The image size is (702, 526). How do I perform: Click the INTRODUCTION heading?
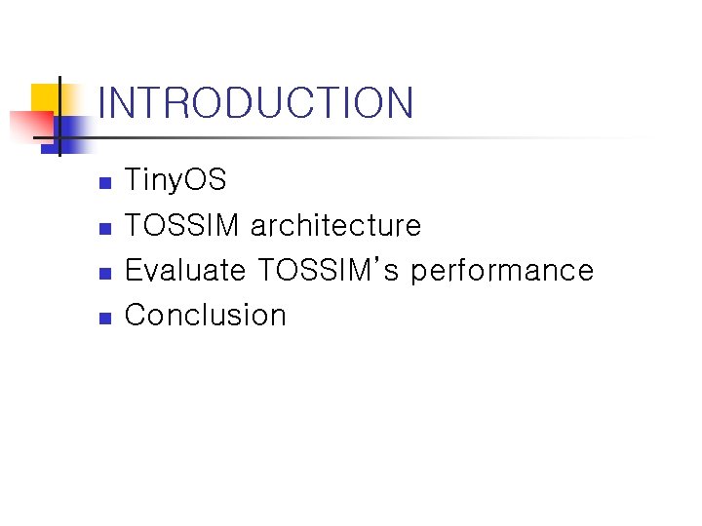pyautogui.click(x=255, y=102)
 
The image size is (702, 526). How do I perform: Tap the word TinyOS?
pyautogui.click(x=175, y=179)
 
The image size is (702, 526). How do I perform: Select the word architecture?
pyautogui.click(x=335, y=224)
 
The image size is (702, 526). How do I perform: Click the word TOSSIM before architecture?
pyautogui.click(x=181, y=225)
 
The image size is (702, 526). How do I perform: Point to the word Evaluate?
pyautogui.click(x=185, y=269)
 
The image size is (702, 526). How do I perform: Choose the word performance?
pyautogui.click(x=502, y=271)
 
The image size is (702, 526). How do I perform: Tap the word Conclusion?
pyautogui.click(x=206, y=315)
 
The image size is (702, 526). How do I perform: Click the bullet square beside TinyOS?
pyautogui.click(x=105, y=183)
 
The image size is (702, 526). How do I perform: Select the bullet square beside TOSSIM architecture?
pyautogui.click(x=105, y=229)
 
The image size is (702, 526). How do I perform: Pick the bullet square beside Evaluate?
pyautogui.click(x=105, y=274)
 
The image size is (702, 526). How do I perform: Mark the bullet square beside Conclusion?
pyautogui.click(x=105, y=318)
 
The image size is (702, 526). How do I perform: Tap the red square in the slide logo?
pyautogui.click(x=31, y=128)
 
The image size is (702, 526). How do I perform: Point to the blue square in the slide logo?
pyautogui.click(x=67, y=135)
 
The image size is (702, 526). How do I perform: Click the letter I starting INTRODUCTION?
pyautogui.click(x=100, y=102)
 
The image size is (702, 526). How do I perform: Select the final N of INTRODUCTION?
pyautogui.click(x=400, y=102)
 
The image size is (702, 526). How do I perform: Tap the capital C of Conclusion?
pyautogui.click(x=136, y=315)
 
